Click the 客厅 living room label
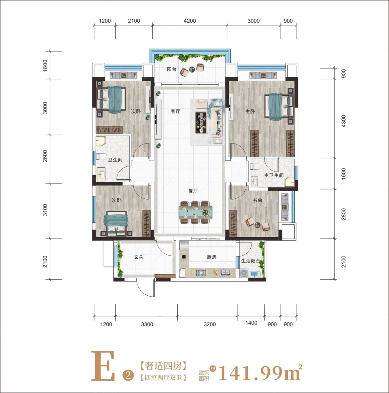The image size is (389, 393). point(175,111)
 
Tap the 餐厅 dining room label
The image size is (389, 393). point(193,191)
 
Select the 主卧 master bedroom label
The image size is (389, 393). point(250,111)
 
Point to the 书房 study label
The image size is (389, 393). point(257,200)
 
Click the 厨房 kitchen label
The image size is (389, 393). point(212,257)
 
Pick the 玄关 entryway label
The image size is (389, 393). point(138,257)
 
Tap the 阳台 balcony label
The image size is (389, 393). point(171,69)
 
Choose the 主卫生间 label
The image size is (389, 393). point(274,175)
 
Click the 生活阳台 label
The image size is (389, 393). point(251,261)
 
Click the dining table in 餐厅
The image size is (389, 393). point(195,212)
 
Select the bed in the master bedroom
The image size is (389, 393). point(279,107)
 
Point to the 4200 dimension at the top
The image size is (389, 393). point(190,21)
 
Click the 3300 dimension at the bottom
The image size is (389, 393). point(147,324)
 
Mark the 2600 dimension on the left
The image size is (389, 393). point(45,156)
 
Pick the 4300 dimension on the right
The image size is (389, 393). point(344,121)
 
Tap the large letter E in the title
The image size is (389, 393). point(103,369)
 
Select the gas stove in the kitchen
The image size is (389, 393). point(201,273)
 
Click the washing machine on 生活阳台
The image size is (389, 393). point(243,273)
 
